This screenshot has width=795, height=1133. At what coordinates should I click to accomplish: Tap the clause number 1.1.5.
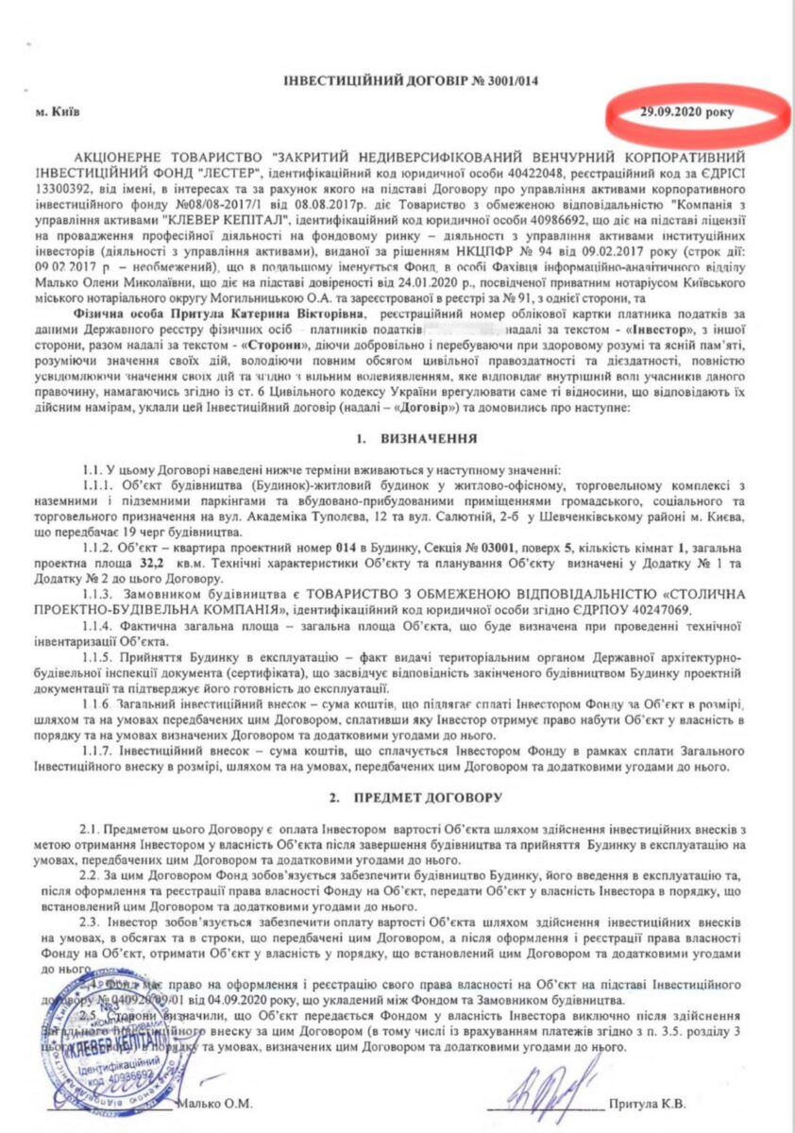(99, 655)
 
